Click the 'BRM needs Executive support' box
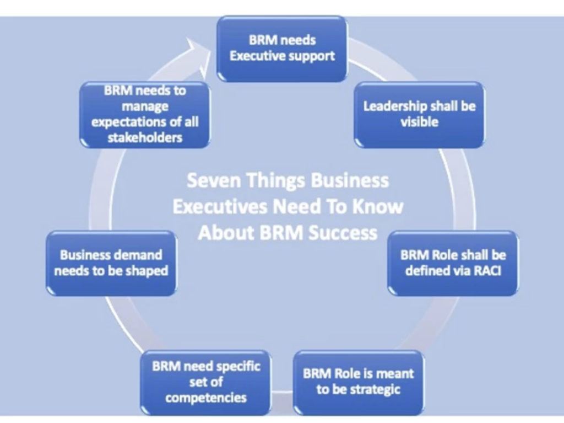tap(282, 49)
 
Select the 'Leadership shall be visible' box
tap(419, 114)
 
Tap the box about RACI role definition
tap(453, 263)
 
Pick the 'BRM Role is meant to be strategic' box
tap(359, 382)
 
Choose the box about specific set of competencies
tap(205, 382)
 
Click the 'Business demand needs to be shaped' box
tap(111, 263)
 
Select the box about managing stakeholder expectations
tap(145, 114)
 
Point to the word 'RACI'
tap(487, 271)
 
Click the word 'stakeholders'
tap(145, 137)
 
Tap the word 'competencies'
tap(205, 398)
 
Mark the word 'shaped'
tap(147, 271)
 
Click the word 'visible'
tap(419, 122)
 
